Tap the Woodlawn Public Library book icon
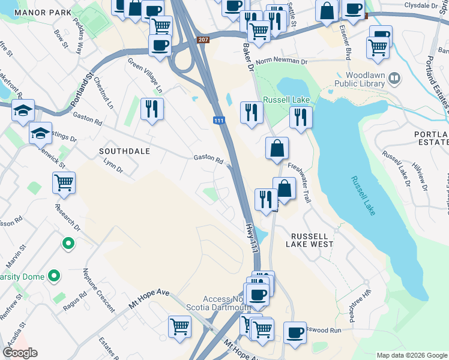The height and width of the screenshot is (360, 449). point(394,77)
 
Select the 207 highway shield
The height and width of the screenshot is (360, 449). point(202,40)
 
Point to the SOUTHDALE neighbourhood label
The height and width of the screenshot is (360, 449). point(125,151)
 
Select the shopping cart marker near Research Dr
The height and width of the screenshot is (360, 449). point(64,182)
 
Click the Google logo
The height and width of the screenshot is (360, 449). point(20,353)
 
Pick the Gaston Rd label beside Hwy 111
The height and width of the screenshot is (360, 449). point(208,160)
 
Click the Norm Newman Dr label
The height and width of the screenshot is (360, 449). point(281,61)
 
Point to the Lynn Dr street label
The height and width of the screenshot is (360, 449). point(113,166)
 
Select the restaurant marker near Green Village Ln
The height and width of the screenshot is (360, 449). point(152,109)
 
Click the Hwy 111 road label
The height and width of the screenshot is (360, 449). point(252,238)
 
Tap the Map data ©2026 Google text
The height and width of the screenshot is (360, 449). point(411,355)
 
